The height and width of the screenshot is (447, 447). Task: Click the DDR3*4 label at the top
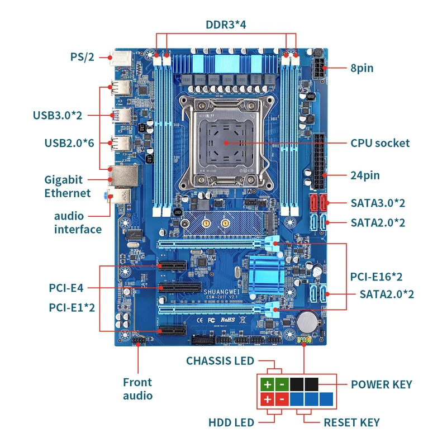tap(226, 25)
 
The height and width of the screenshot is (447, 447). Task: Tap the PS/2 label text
tap(82, 57)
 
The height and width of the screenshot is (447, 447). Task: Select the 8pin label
tap(362, 68)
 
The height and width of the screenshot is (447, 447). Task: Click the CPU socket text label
tap(380, 143)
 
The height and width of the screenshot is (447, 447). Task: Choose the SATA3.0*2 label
tap(378, 202)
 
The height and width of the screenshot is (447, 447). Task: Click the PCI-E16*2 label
tap(377, 277)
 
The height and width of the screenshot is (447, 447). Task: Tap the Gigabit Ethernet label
tap(67, 187)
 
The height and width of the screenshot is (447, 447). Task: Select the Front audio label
tap(137, 389)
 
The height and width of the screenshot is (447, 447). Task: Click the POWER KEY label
tap(381, 384)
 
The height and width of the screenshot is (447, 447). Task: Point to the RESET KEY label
tap(351, 422)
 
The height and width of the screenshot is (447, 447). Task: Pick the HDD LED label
tap(231, 422)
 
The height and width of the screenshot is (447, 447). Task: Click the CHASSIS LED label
tap(220, 361)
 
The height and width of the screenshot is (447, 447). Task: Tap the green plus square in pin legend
tap(267, 384)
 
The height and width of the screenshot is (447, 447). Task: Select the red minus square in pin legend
tap(282, 400)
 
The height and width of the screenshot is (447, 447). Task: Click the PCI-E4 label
tap(66, 288)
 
